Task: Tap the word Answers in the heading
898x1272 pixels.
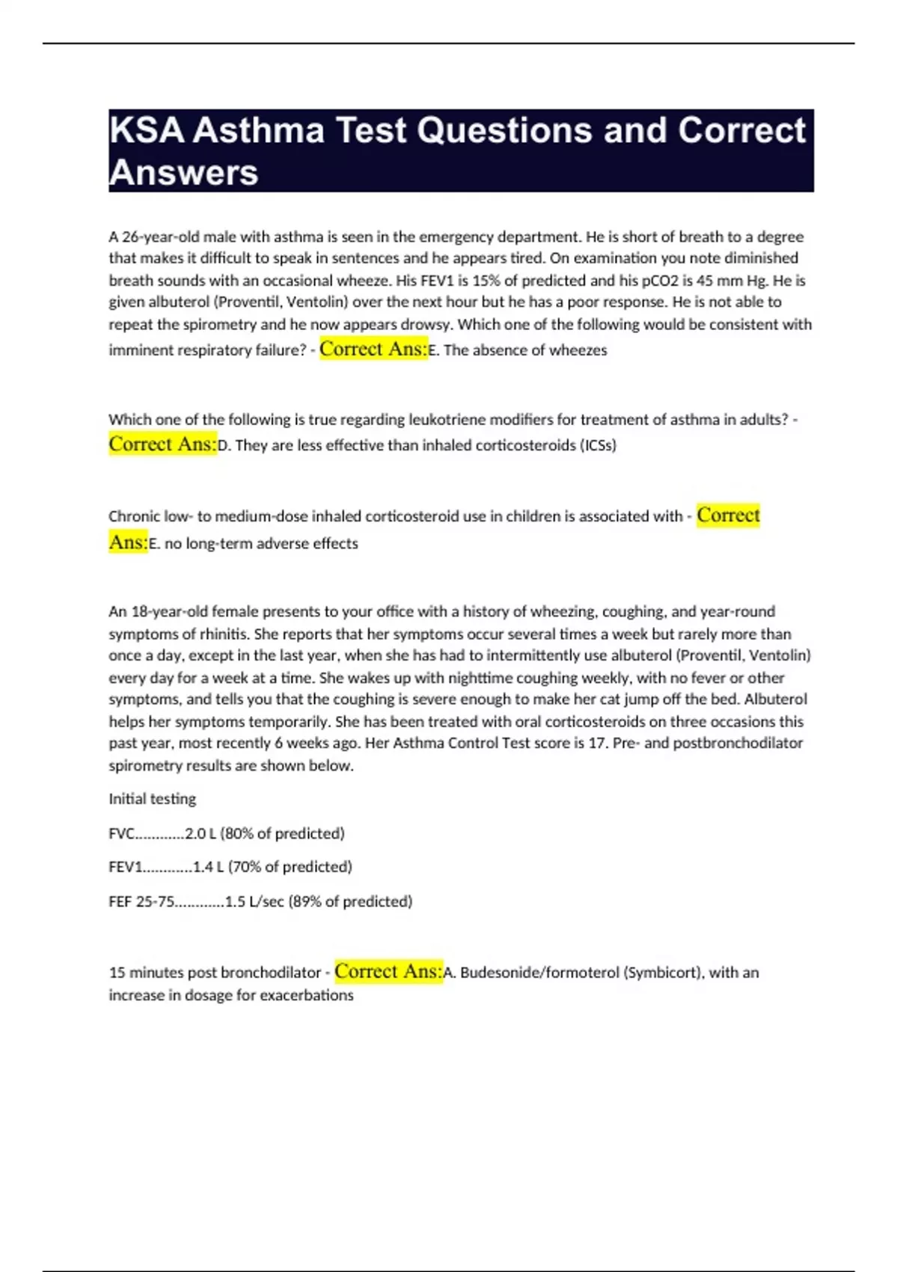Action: [x=183, y=173]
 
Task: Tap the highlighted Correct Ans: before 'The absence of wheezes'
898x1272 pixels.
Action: [x=373, y=349]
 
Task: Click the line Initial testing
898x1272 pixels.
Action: [x=152, y=799]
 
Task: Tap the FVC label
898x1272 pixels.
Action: [x=122, y=834]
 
